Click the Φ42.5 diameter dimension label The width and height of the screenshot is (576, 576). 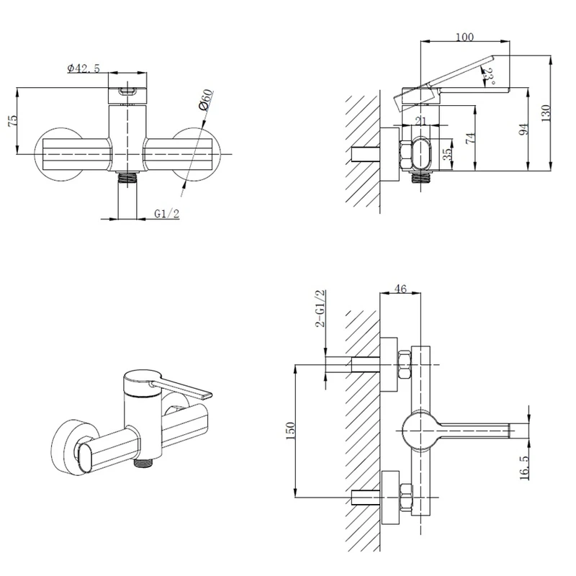(84, 68)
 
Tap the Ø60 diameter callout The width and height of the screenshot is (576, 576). (206, 99)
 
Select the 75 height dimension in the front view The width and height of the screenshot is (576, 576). (12, 121)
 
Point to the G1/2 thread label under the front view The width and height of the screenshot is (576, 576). (167, 213)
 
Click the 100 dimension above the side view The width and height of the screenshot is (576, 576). (464, 37)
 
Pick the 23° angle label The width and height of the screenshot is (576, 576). (489, 76)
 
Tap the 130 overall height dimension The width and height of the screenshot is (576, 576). (546, 113)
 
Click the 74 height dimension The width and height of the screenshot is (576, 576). (471, 138)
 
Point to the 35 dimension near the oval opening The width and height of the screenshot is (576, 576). (447, 154)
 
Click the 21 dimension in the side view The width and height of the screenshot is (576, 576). (421, 120)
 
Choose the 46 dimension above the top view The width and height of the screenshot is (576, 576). (400, 289)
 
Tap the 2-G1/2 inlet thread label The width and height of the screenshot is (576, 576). (320, 308)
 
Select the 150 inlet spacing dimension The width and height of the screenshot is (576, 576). (290, 431)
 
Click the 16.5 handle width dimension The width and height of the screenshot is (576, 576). (524, 467)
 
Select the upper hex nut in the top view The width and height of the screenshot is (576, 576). (405, 365)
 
